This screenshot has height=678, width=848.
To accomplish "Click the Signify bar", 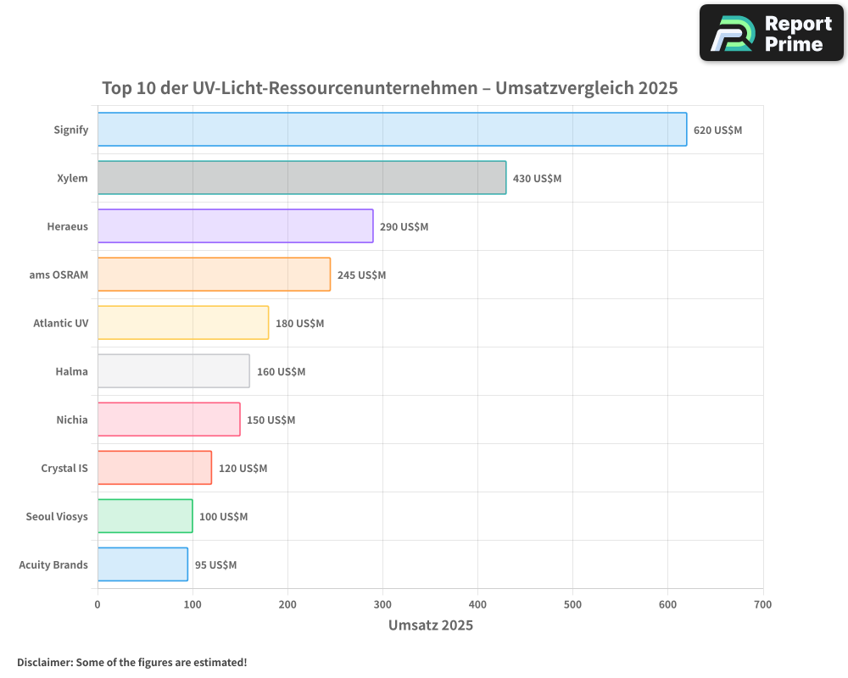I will pyautogui.click(x=392, y=130).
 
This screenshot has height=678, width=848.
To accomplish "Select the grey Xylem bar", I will pyautogui.click(x=301, y=178).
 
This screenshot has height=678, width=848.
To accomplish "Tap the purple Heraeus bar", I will pyautogui.click(x=235, y=226).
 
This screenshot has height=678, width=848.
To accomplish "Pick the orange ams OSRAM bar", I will pyautogui.click(x=214, y=275).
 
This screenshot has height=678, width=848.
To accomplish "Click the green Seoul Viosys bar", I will pyautogui.click(x=145, y=516).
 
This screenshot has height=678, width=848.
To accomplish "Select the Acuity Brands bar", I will pyautogui.click(x=142, y=564).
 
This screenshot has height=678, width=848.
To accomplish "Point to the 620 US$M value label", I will pyautogui.click(x=717, y=131).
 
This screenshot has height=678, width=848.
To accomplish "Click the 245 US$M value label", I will pyautogui.click(x=361, y=275).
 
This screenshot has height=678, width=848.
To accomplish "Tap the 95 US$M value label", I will pyautogui.click(x=215, y=565).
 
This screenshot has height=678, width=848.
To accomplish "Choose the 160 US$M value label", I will pyautogui.click(x=281, y=372).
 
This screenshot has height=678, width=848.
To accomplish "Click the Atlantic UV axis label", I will pyautogui.click(x=60, y=323).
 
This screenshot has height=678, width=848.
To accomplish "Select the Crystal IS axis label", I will pyautogui.click(x=64, y=468).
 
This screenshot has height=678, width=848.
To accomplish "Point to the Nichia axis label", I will pyautogui.click(x=72, y=420).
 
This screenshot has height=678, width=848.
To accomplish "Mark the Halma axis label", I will pyautogui.click(x=71, y=371).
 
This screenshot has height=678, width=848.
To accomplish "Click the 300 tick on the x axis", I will pyautogui.click(x=382, y=604).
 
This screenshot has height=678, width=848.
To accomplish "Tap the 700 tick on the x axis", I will pyautogui.click(x=762, y=604).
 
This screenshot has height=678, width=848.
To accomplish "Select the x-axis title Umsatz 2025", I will pyautogui.click(x=431, y=625).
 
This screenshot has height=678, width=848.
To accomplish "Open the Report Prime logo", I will pyautogui.click(x=771, y=33).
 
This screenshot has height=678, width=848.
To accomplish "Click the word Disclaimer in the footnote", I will pyautogui.click(x=44, y=662).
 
